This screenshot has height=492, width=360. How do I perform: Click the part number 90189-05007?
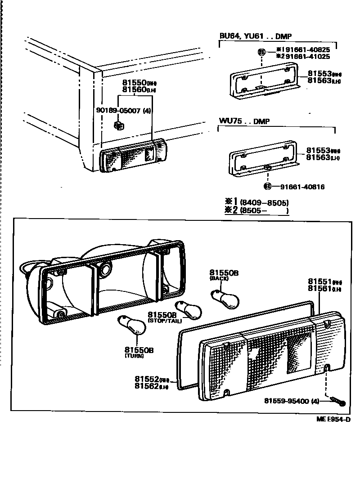tap(118, 110)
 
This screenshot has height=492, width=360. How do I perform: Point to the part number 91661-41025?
tap(306, 57)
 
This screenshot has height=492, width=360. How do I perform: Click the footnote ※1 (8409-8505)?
tap(256, 202)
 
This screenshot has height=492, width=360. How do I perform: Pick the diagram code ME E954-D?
tap(333, 419)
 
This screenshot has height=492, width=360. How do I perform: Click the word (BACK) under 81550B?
tap(220, 279)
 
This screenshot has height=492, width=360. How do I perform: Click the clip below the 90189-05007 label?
tap(118, 125)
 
